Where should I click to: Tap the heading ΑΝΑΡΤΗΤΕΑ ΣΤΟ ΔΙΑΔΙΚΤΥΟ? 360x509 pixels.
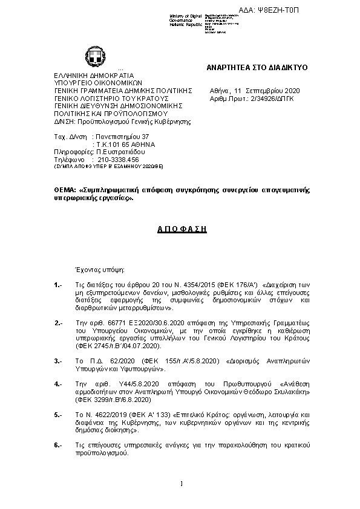click(x=257, y=68)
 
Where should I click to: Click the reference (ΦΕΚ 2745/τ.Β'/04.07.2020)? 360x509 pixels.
click(x=118, y=346)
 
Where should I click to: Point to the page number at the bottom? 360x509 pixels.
click(x=181, y=482)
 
